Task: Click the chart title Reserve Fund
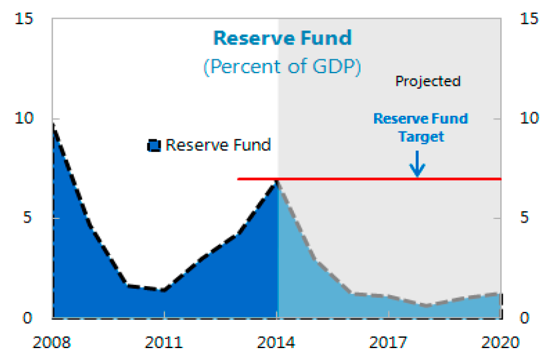(x=282, y=38)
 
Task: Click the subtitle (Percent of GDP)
(x=282, y=66)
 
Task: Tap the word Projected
(x=428, y=81)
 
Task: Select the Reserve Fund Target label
(x=420, y=127)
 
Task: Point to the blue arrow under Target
(x=417, y=163)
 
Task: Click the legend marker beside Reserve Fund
(x=154, y=145)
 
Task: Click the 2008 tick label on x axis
(x=53, y=343)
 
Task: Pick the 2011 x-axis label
(x=164, y=343)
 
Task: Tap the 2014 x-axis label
(x=277, y=343)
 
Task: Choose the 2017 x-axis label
(x=389, y=343)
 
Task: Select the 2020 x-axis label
(x=501, y=343)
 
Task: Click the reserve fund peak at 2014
(x=277, y=181)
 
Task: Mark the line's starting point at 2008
(x=53, y=124)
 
